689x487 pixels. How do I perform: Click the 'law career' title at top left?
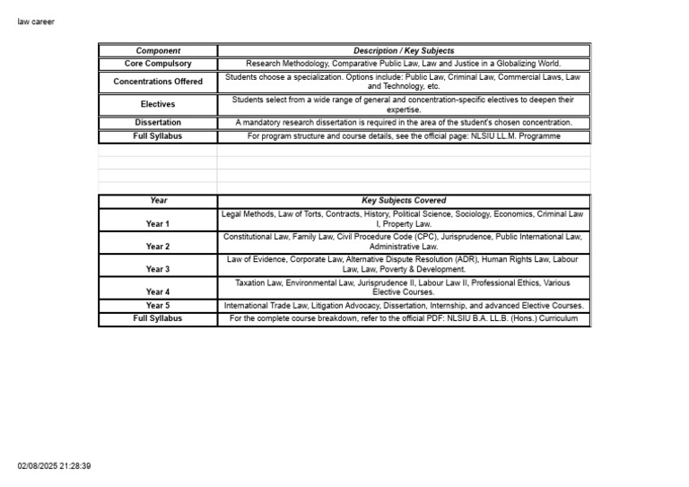click(36, 22)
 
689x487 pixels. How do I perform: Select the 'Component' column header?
click(158, 51)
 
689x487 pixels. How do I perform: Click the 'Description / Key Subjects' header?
click(404, 51)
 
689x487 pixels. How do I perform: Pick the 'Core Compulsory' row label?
click(158, 64)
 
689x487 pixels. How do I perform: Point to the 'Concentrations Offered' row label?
click(158, 82)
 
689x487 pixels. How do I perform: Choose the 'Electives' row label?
click(158, 104)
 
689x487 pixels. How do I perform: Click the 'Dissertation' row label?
click(158, 122)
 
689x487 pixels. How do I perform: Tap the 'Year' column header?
click(158, 200)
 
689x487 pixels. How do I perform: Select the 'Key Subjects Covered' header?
click(404, 200)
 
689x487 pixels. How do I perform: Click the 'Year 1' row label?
click(158, 223)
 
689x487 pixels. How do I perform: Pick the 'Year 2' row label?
click(158, 246)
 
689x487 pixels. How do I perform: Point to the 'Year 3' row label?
click(158, 269)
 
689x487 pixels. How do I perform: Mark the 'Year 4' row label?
click(158, 291)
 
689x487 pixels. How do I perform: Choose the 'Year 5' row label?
click(158, 305)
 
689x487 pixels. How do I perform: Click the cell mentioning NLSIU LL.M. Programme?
click(404, 136)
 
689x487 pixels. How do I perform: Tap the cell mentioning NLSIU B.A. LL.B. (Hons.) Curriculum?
click(404, 318)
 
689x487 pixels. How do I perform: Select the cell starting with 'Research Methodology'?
click(404, 64)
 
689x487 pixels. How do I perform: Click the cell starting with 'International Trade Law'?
click(404, 305)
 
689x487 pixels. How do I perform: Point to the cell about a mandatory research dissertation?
click(404, 122)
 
